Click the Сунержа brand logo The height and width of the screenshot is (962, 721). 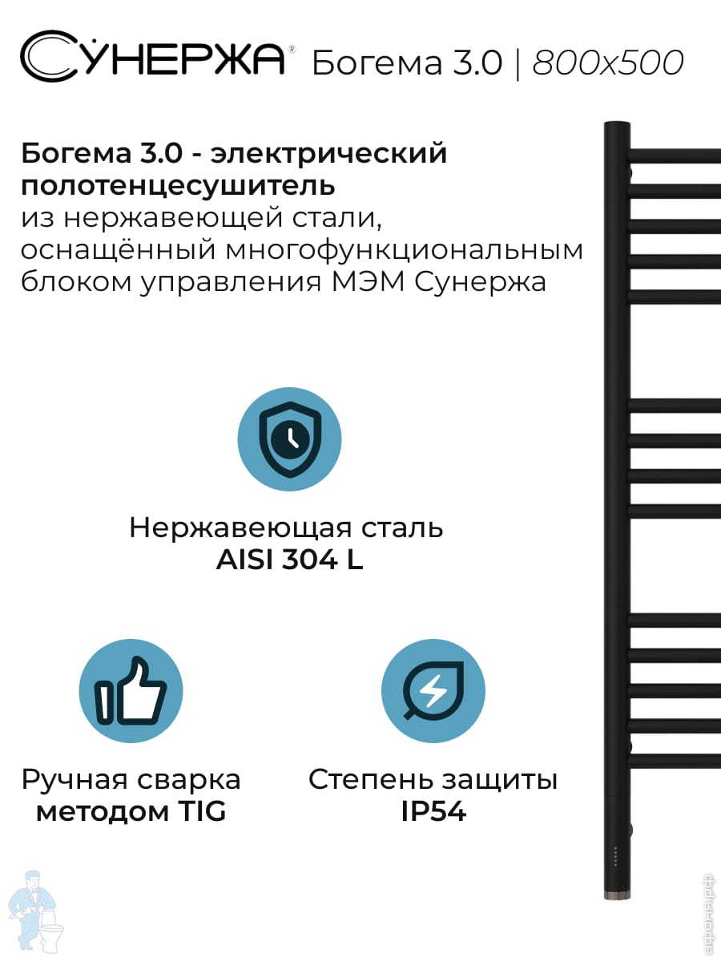pyautogui.click(x=153, y=56)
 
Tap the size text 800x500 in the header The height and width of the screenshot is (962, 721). pyautogui.click(x=607, y=63)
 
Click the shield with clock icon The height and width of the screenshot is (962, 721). pyautogui.click(x=289, y=439)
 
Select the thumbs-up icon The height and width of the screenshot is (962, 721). pyautogui.click(x=131, y=691)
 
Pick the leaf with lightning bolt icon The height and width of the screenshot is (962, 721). pyautogui.click(x=433, y=691)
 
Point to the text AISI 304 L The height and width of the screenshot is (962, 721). pyautogui.click(x=289, y=560)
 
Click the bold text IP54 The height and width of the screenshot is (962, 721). pyautogui.click(x=433, y=811)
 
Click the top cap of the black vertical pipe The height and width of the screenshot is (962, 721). pyautogui.click(x=617, y=124)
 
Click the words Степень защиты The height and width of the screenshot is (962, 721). pyautogui.click(x=433, y=781)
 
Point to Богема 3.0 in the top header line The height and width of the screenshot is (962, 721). pyautogui.click(x=407, y=63)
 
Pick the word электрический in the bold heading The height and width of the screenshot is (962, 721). pyautogui.click(x=328, y=154)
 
